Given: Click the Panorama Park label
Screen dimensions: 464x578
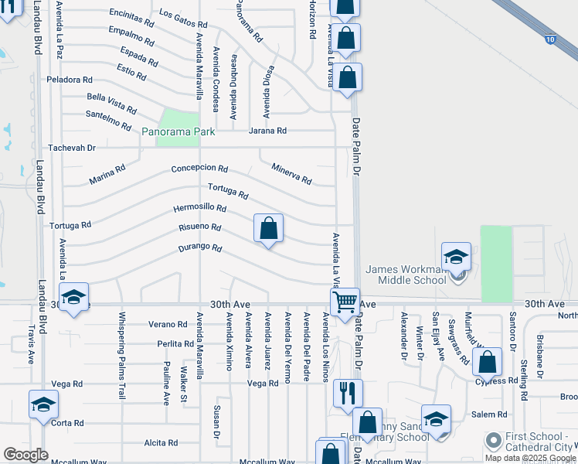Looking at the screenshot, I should tap(178, 132).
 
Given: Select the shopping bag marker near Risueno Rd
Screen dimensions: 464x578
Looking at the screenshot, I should tap(269, 229).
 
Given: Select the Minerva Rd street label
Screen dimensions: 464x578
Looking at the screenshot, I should tap(291, 174).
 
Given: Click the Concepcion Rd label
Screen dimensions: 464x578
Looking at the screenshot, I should tap(199, 169).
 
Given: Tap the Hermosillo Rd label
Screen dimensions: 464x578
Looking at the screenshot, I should tap(199, 209).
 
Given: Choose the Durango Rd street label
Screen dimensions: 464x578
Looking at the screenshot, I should tap(200, 249).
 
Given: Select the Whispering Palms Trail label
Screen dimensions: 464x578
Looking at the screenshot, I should tap(121, 355).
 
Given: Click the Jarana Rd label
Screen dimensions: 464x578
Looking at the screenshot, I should tap(267, 131).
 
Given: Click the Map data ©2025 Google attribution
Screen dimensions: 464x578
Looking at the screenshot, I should tap(530, 458).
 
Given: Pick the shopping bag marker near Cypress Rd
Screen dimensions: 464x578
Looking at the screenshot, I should tap(488, 361).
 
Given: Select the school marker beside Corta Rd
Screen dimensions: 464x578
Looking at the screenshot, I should tap(43, 404).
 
